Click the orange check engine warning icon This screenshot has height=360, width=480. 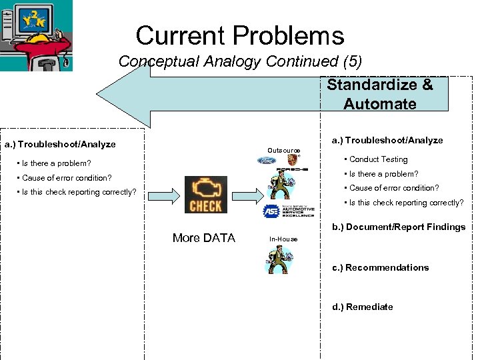(205, 195)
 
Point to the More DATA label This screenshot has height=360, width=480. (203, 238)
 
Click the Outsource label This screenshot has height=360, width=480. (283, 151)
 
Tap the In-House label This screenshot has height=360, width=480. (283, 239)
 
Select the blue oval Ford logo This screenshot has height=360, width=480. (266, 161)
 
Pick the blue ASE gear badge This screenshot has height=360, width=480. (271, 212)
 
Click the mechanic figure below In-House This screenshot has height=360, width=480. (283, 259)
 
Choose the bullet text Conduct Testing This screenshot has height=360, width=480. (378, 159)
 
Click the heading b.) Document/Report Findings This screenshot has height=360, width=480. (399, 227)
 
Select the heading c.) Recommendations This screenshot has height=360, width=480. (381, 268)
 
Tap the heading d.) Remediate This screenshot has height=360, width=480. (363, 307)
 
